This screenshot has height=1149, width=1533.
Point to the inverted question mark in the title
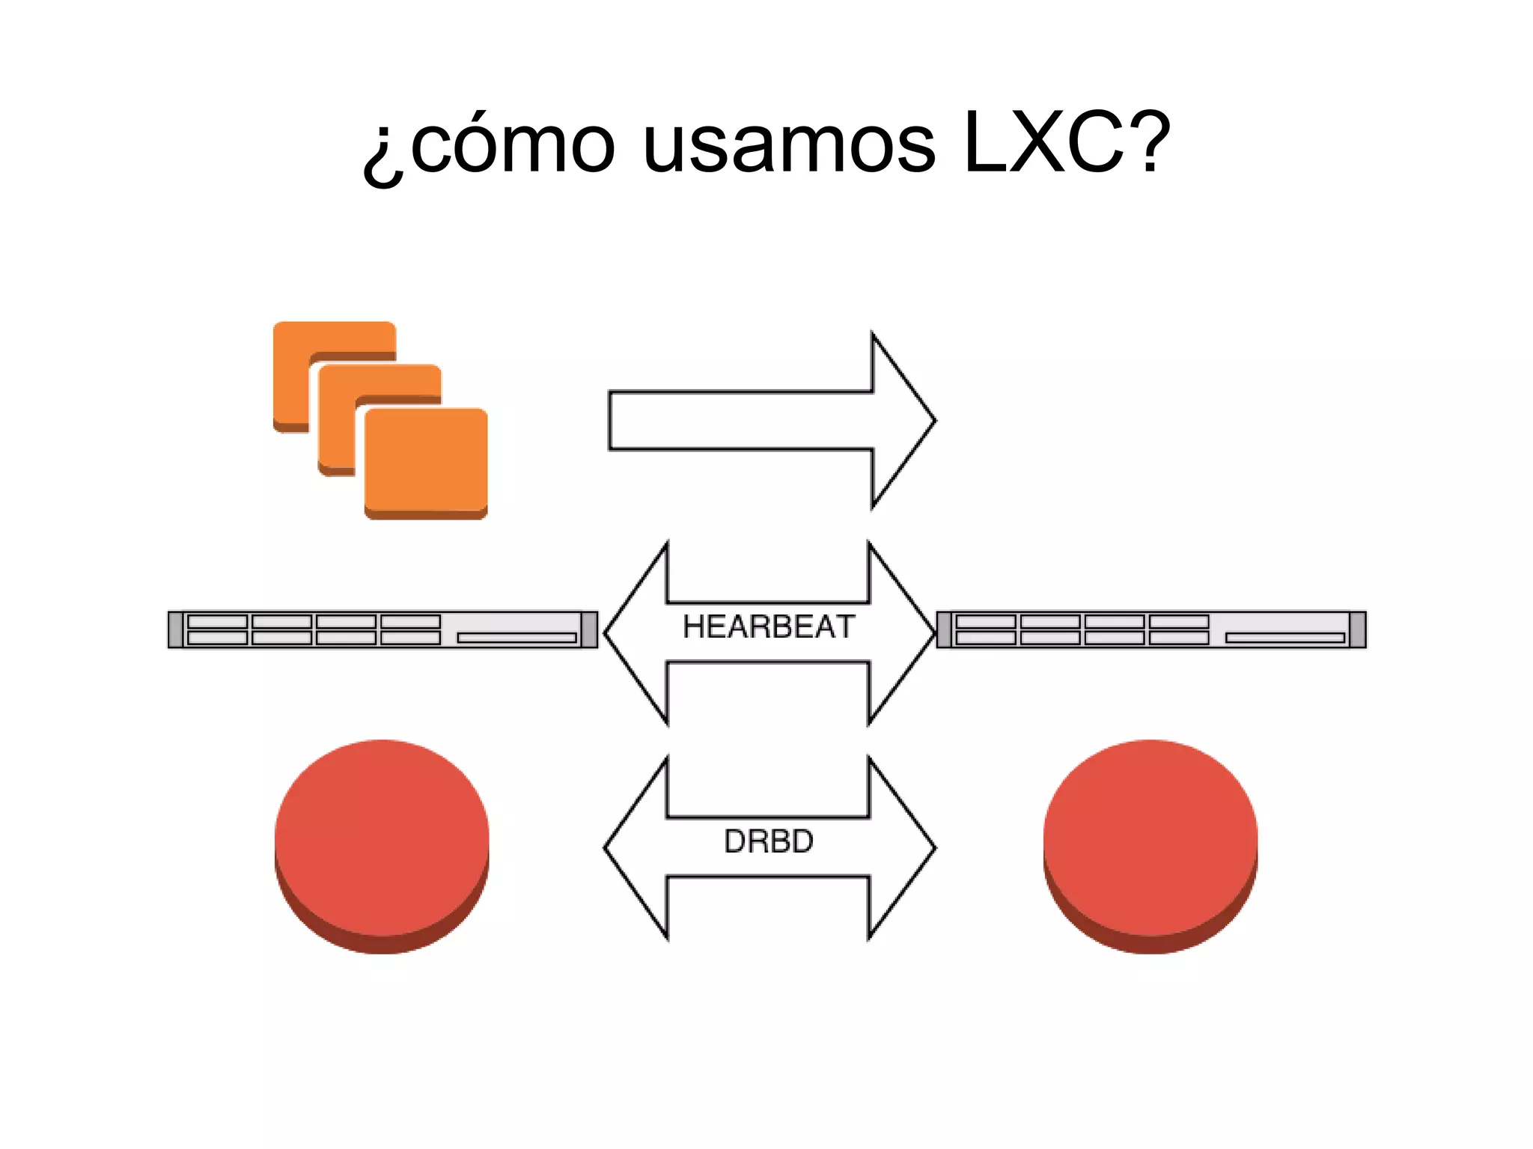coord(383,153)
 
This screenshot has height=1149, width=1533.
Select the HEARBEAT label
coord(768,627)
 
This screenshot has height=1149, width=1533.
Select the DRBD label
coord(768,841)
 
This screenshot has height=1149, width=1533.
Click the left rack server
coord(382,629)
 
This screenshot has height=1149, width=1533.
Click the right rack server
coord(1150,629)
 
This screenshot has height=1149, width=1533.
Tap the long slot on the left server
coord(516,638)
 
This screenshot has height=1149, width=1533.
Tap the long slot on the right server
coord(1284,638)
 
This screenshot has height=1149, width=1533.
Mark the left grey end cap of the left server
coord(175,629)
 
